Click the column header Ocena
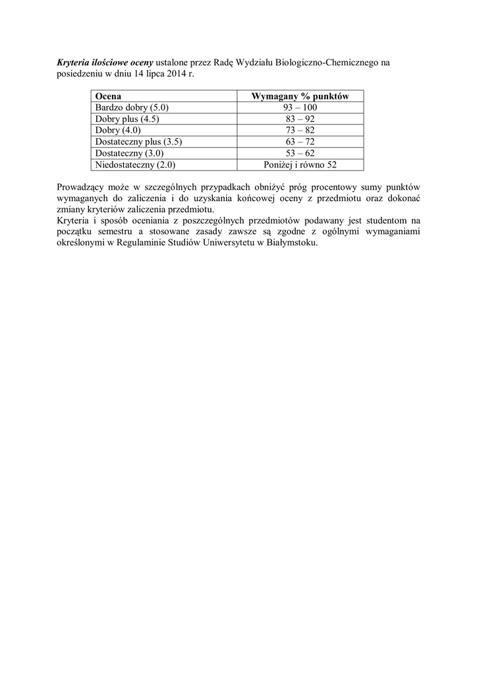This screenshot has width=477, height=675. (x=109, y=96)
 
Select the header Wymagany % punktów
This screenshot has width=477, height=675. (x=300, y=96)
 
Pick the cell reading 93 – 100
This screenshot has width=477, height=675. (x=300, y=107)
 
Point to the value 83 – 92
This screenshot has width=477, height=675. (x=300, y=119)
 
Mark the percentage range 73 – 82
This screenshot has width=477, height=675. (x=300, y=131)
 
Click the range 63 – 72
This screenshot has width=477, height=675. (x=300, y=142)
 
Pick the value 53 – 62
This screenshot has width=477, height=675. (x=300, y=154)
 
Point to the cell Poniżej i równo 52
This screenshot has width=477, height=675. (x=300, y=165)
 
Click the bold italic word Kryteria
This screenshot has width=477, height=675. (x=75, y=63)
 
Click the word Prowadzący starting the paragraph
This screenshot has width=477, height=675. (x=80, y=187)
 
